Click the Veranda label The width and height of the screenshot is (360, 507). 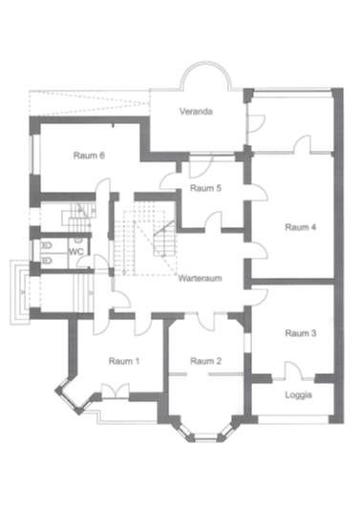[x=196, y=112]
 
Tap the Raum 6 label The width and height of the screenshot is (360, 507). [x=89, y=156]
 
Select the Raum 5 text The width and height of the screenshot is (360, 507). [x=205, y=188]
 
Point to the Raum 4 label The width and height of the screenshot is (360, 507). [x=301, y=227]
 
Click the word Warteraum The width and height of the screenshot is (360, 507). [x=200, y=279]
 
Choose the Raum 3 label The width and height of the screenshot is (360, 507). [x=301, y=333]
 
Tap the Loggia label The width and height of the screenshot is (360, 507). [x=298, y=395]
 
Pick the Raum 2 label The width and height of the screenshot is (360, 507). [x=205, y=361]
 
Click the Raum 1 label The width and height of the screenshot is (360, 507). [x=124, y=361]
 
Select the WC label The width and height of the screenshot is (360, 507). [x=76, y=252]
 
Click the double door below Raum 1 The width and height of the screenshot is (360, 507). [x=116, y=391]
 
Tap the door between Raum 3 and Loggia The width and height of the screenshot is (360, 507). [x=293, y=370]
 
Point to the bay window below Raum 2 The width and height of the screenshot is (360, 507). [x=205, y=432]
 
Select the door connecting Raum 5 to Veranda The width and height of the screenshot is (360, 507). [x=201, y=166]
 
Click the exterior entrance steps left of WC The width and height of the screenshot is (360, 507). [x=20, y=292]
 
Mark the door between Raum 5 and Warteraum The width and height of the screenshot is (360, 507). [x=214, y=222]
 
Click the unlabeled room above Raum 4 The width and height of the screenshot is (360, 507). [x=290, y=120]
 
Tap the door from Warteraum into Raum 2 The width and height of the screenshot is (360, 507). [x=206, y=321]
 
